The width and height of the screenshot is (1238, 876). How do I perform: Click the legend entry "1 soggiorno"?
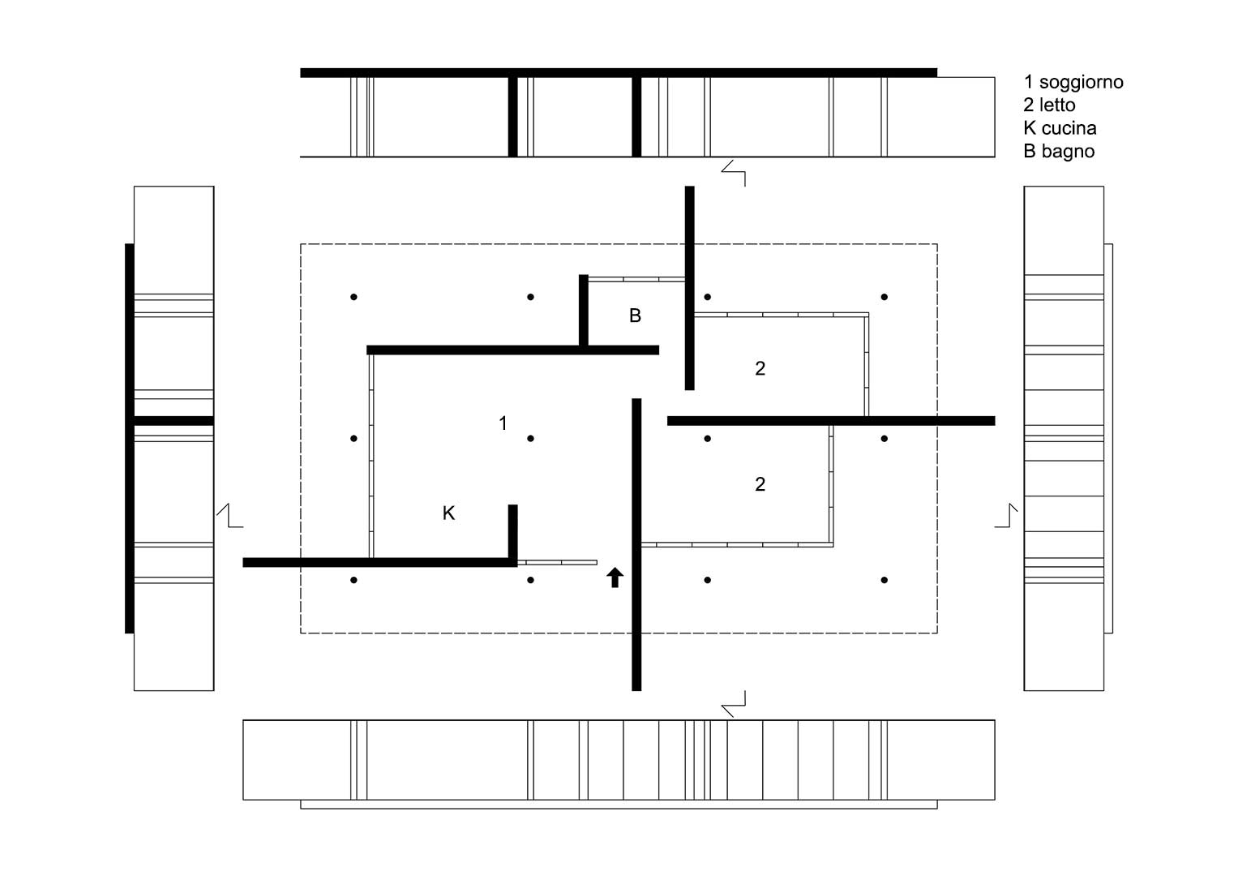point(1073,83)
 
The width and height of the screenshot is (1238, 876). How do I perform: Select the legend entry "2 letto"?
point(1049,105)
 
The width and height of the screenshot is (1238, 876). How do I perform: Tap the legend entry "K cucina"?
point(1060,128)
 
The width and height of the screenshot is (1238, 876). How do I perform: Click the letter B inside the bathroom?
point(635,316)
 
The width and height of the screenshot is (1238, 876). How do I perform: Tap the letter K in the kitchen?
point(449,513)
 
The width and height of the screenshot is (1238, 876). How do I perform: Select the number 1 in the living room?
point(503,423)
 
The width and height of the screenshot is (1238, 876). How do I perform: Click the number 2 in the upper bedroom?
point(760,369)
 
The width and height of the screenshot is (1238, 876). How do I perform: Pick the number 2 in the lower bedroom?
point(760,484)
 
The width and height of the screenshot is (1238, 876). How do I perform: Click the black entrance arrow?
point(615,578)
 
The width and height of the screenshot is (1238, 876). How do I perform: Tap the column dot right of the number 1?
point(530,439)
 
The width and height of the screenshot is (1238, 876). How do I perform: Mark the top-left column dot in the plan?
point(353,297)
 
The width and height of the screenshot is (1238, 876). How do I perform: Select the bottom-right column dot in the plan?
point(885,580)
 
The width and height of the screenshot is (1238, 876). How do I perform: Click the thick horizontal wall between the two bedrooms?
point(831,421)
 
